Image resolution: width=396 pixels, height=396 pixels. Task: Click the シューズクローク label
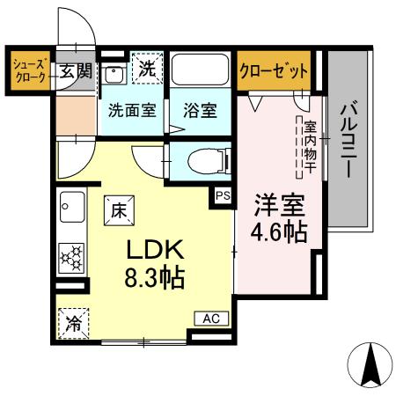tap(32, 70)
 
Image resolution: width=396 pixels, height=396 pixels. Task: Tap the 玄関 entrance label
tap(76, 70)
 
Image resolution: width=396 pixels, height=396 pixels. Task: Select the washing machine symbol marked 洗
tap(147, 68)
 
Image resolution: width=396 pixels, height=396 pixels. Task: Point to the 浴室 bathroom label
tap(200, 112)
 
